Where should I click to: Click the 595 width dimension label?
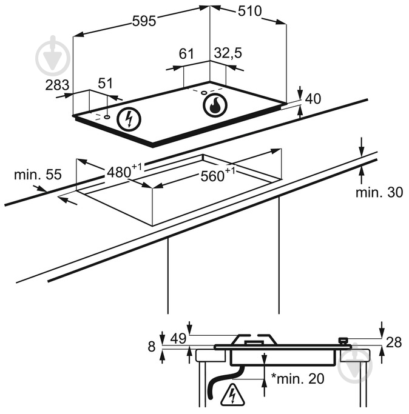click(144, 21)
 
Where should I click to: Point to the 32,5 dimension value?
click(228, 54)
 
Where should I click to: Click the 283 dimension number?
click(58, 84)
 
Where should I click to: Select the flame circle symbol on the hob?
click(214, 105)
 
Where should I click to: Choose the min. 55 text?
click(38, 175)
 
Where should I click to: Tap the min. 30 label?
click(379, 193)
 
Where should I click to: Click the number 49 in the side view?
click(178, 338)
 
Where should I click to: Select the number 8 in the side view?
click(152, 346)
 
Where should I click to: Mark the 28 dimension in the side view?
click(394, 342)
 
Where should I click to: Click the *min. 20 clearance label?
click(297, 379)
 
